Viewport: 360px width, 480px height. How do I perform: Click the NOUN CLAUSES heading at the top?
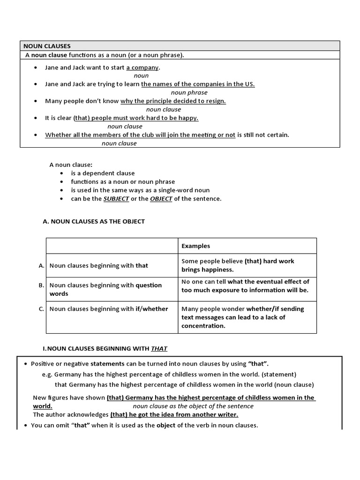tap(47, 46)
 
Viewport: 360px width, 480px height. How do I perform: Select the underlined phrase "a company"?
tap(142, 67)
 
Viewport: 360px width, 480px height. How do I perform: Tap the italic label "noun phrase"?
tap(189, 92)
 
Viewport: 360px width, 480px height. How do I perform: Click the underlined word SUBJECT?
tap(116, 198)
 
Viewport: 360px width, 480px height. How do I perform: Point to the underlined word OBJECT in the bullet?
tap(161, 198)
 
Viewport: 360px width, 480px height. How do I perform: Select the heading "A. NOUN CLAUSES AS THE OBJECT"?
tap(94, 221)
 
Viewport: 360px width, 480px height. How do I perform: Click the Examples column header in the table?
tap(195, 246)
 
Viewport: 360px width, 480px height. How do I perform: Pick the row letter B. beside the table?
tap(42, 285)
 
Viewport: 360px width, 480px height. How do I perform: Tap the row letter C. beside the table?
tap(42, 308)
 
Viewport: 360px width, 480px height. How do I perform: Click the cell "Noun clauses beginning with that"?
tap(98, 265)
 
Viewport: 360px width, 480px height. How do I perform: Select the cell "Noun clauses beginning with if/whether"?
tap(109, 308)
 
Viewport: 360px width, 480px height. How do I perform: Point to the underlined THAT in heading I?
tap(159, 348)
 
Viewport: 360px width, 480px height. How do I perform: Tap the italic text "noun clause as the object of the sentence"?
tap(193, 406)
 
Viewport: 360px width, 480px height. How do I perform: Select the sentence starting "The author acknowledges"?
tap(135, 414)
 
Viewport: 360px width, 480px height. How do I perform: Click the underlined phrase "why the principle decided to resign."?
tap(173, 101)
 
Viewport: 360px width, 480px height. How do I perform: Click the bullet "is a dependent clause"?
tap(103, 173)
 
